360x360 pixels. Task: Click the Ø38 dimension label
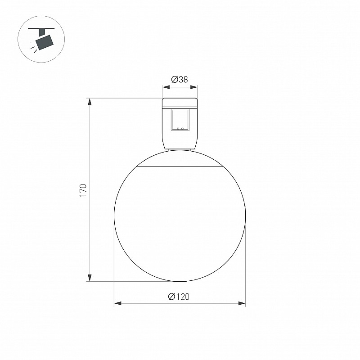point(180,80)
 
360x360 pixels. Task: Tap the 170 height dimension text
point(83,190)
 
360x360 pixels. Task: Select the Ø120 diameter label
point(179,297)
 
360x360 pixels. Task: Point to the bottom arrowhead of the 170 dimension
point(90,278)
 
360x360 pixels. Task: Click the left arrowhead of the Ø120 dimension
point(118,303)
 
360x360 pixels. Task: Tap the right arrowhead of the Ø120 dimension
point(242,303)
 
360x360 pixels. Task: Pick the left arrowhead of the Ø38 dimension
point(166,87)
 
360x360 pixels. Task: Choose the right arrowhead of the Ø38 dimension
point(194,87)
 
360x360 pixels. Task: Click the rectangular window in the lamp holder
point(180,120)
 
